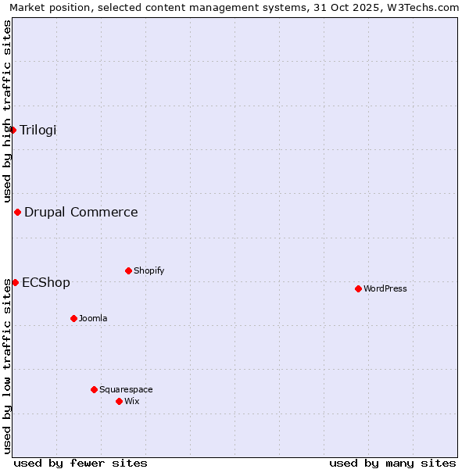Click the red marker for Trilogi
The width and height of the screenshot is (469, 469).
click(13, 130)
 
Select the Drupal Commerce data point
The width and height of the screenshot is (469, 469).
click(17, 212)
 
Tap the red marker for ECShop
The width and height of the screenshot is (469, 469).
click(15, 282)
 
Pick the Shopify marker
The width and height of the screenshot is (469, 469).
click(128, 270)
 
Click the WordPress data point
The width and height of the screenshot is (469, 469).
click(358, 288)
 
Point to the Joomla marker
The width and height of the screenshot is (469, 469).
click(73, 318)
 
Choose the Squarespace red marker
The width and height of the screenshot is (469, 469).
click(94, 389)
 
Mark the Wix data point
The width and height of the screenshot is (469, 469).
click(119, 401)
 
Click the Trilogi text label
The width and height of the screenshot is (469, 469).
click(38, 130)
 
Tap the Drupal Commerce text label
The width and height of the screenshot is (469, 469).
click(81, 212)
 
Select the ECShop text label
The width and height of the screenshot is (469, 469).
click(46, 282)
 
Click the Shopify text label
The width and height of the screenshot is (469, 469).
click(149, 270)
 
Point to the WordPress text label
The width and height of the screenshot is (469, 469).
click(385, 288)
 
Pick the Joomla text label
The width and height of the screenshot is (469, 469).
click(93, 318)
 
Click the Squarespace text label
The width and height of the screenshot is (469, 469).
click(126, 389)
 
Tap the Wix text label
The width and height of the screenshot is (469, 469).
click(132, 401)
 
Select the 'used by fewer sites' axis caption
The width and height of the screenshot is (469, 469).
click(81, 463)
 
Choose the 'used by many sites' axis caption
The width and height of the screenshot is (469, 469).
click(392, 463)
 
